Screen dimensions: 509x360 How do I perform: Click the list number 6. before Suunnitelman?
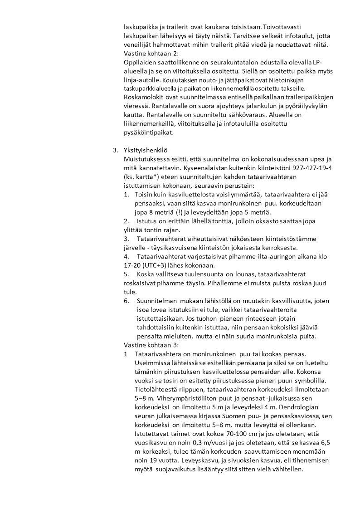[126, 301]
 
